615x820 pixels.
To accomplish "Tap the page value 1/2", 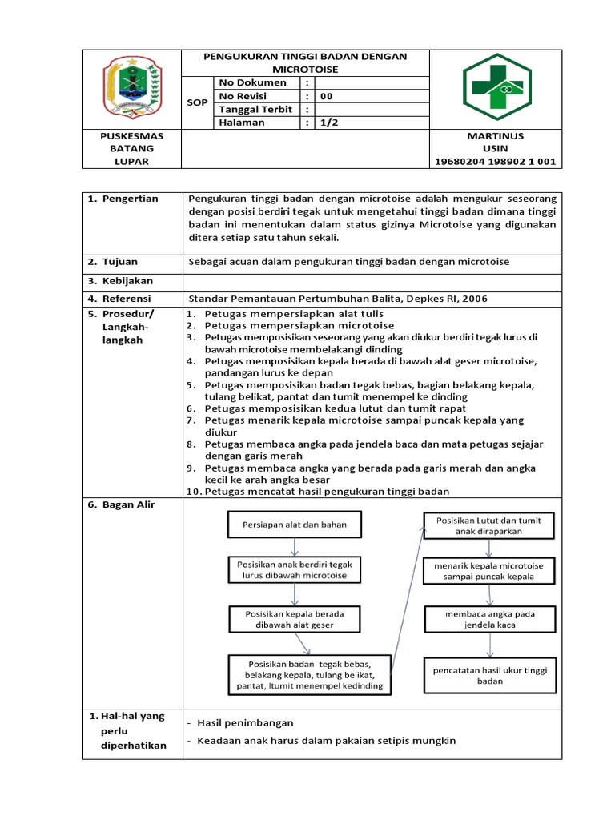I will tap(328, 123).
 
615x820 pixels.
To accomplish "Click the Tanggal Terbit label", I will tap(256, 110).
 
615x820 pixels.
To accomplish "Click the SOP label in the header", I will tap(196, 102).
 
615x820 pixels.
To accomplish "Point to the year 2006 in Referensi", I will tap(472, 299).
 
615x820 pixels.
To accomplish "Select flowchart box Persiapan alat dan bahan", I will tap(295, 525).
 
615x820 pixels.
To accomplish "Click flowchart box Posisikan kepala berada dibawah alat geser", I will tap(295, 618).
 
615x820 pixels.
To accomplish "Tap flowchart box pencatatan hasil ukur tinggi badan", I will tap(489, 675).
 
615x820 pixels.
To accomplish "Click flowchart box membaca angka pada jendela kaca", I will tap(489, 619).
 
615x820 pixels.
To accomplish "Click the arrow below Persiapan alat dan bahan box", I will tap(295, 547).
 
